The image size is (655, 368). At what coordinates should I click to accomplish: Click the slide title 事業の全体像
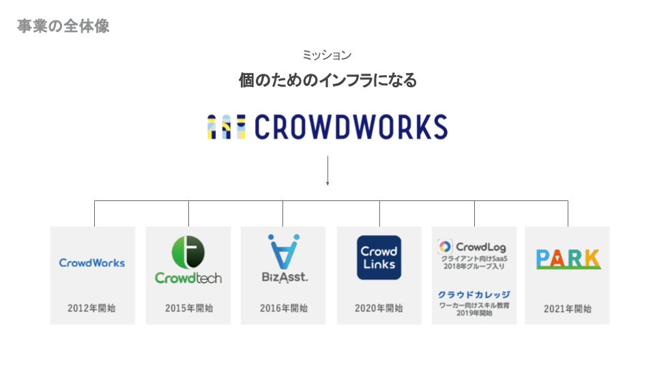coord(63,27)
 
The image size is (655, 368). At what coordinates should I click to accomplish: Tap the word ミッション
coord(327,55)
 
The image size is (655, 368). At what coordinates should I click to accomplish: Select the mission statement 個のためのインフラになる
coord(327,80)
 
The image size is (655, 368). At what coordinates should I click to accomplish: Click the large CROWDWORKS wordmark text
coord(351,127)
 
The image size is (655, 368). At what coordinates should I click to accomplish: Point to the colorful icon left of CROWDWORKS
coord(226,127)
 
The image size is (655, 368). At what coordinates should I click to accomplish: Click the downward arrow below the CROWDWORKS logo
coord(327,171)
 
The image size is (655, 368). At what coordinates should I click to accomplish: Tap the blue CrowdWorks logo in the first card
coord(92,262)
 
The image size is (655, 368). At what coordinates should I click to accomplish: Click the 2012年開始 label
coord(91,308)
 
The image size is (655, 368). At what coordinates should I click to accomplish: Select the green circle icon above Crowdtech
coord(188,251)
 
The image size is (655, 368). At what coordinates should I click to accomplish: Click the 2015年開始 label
coord(189,308)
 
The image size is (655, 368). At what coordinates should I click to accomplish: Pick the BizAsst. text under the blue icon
coord(284,277)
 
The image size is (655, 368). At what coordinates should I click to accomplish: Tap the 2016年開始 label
coord(283,308)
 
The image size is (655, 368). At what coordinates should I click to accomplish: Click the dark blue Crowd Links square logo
coord(379,258)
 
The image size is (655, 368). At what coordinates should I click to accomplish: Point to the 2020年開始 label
coord(379,308)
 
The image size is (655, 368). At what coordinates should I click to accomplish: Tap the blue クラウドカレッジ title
coord(474,294)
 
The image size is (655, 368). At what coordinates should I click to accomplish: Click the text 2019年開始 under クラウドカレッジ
coord(474,313)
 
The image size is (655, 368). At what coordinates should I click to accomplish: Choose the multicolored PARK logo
coord(568,259)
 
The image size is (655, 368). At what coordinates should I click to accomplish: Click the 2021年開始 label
coord(568,308)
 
